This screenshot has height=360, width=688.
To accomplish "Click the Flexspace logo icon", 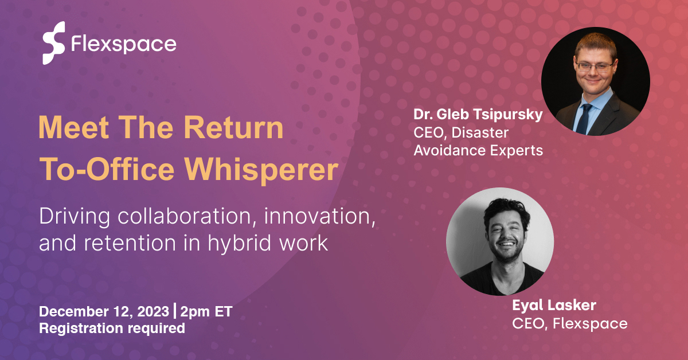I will pyautogui.click(x=53, y=43).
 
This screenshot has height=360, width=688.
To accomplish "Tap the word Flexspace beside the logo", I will pyautogui.click(x=123, y=44).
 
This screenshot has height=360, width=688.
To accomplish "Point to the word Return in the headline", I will pyautogui.click(x=237, y=128).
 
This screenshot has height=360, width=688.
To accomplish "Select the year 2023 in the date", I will pyautogui.click(x=155, y=312).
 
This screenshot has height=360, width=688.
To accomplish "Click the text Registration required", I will pyautogui.click(x=112, y=328).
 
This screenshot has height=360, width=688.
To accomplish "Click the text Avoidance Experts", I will pyautogui.click(x=478, y=151).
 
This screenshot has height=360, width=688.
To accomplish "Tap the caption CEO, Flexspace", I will pyautogui.click(x=569, y=323).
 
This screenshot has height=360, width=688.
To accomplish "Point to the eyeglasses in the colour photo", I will pyautogui.click(x=594, y=67).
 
